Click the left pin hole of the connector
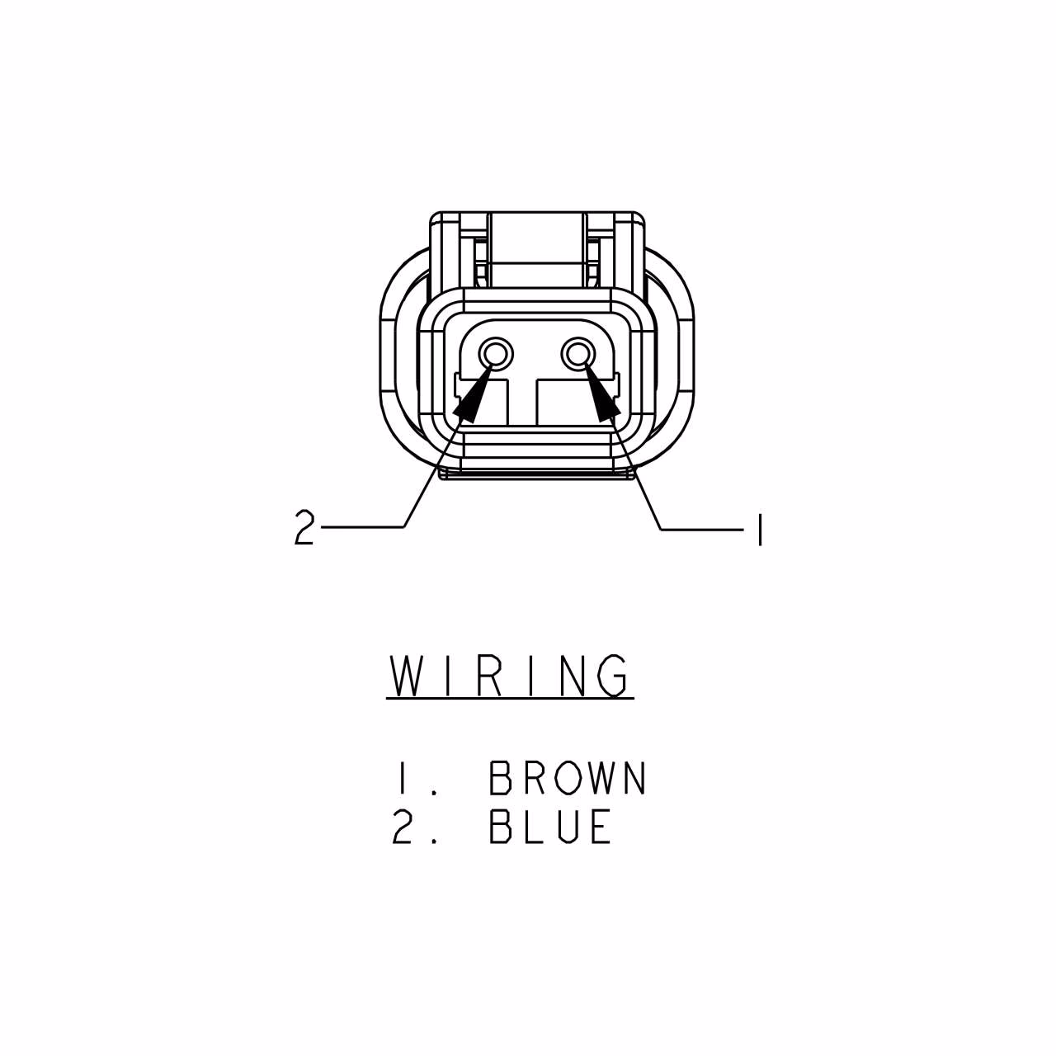[495, 354]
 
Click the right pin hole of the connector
[578, 354]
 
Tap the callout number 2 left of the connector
[304, 526]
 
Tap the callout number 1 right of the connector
[760, 530]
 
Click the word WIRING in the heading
[510, 676]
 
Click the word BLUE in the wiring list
[549, 826]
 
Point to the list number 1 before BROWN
[403, 778]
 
